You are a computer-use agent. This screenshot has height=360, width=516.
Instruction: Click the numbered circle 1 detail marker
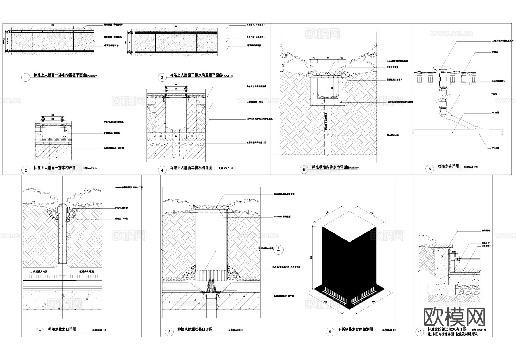(26, 77)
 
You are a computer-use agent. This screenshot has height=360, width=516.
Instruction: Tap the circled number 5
(304, 170)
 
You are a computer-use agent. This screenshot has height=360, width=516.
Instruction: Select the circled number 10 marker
(420, 332)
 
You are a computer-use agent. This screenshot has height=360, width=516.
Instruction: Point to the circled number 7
(40, 332)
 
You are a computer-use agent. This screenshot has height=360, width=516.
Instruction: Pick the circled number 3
(162, 77)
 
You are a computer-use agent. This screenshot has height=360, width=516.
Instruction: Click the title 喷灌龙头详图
(448, 166)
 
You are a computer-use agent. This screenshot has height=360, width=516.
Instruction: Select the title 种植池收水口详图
(62, 329)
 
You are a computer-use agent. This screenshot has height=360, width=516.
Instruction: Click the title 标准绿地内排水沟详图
(329, 167)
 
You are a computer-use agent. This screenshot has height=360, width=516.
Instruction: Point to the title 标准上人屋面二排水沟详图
(191, 168)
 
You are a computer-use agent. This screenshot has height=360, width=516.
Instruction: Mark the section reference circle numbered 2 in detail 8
(278, 249)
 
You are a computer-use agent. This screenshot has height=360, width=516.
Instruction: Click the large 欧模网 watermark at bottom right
(454, 317)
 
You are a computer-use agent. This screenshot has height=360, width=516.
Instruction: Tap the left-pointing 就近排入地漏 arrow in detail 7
(36, 271)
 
